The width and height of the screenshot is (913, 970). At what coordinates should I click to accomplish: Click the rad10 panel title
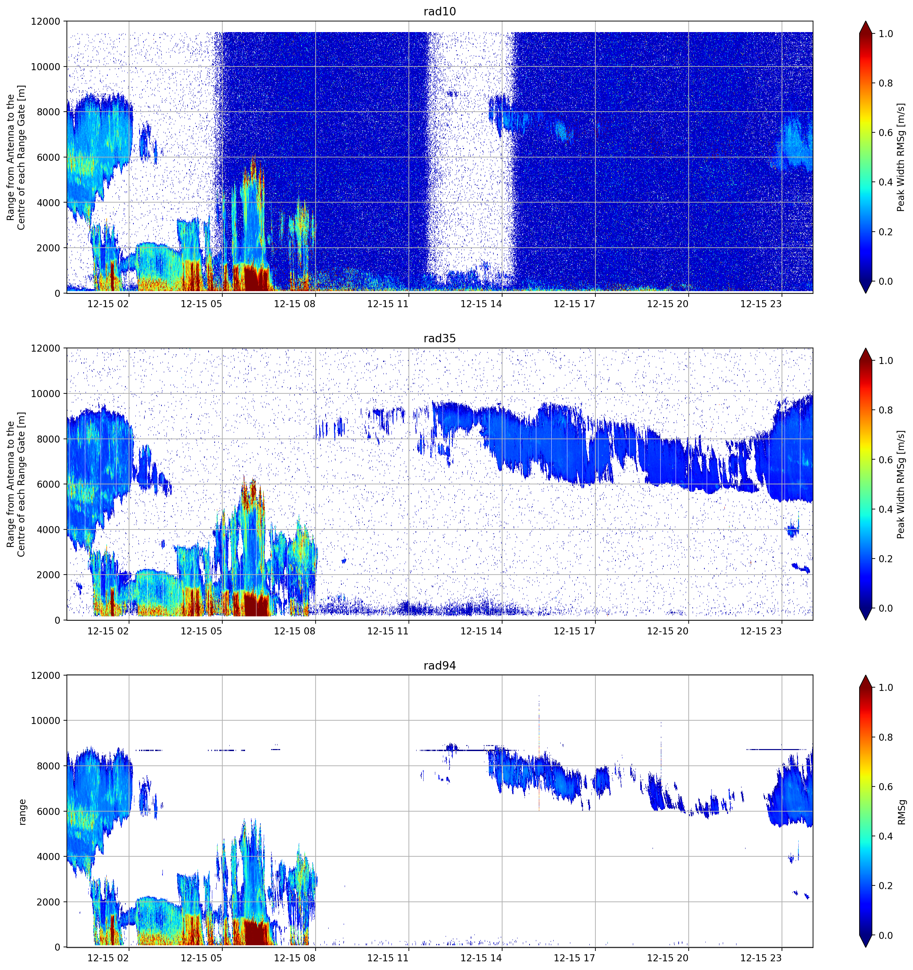(439, 11)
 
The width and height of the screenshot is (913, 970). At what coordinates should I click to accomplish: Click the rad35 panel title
(439, 338)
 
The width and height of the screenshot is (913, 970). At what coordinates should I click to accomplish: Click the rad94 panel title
(439, 665)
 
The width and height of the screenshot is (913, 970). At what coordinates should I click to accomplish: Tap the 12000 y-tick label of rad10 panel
(45, 21)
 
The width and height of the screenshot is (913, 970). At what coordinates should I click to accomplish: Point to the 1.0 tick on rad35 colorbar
(886, 361)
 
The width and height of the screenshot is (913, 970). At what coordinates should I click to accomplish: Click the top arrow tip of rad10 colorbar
(865, 21)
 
